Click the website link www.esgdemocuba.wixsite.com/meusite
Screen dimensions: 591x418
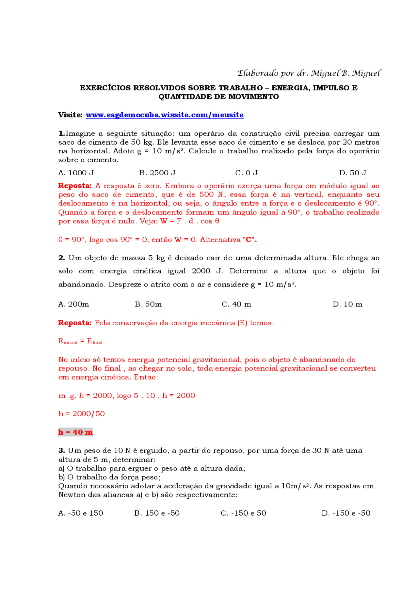pyautogui.click(x=165, y=115)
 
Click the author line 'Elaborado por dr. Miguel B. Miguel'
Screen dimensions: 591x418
pyautogui.click(x=309, y=73)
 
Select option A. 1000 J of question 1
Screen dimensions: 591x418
pyautogui.click(x=76, y=173)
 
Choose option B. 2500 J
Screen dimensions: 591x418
pyautogui.click(x=157, y=173)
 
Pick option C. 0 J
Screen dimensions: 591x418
pyautogui.click(x=247, y=173)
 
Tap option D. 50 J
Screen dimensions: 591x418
pyautogui.click(x=353, y=173)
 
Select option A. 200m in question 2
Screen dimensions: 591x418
pyautogui.click(x=73, y=304)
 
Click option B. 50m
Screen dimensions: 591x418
pyautogui.click(x=148, y=304)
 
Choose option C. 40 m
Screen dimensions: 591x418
pyautogui.click(x=236, y=304)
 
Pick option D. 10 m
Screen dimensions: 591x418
pyautogui.click(x=347, y=304)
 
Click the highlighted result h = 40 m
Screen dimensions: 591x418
pyautogui.click(x=75, y=432)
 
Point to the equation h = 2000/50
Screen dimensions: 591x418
pyautogui.click(x=82, y=414)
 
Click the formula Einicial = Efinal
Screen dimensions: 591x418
pyautogui.click(x=80, y=341)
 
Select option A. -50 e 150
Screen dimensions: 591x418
pyautogui.click(x=81, y=513)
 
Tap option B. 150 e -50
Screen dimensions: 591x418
pyautogui.click(x=157, y=513)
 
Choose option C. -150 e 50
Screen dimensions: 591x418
pyautogui.click(x=244, y=513)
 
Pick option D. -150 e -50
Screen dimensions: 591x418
pyautogui.click(x=346, y=513)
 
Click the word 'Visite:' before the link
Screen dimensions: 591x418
pyautogui.click(x=71, y=115)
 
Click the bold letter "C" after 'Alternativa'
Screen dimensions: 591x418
pyautogui.click(x=249, y=240)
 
